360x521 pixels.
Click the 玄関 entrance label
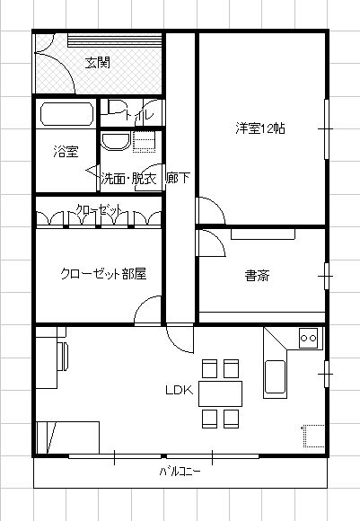97,63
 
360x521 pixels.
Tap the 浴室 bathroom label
66,152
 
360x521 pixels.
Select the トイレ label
138,114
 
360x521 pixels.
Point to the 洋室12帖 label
260,128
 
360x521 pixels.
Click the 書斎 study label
257,276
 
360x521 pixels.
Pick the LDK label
180,390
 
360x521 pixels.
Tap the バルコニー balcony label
180,472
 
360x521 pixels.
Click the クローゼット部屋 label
103,274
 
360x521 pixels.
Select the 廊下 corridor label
178,178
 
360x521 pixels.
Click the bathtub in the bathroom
66,114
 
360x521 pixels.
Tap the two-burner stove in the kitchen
308,339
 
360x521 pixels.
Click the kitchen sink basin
275,376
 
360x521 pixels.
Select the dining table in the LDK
220,393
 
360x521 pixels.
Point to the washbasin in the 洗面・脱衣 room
115,142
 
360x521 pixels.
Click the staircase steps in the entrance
115,40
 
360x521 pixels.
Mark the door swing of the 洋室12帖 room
211,211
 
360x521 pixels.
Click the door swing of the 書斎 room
211,243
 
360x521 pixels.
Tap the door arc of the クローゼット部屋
148,310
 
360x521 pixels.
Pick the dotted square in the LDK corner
313,436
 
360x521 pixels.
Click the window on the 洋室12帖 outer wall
327,129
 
